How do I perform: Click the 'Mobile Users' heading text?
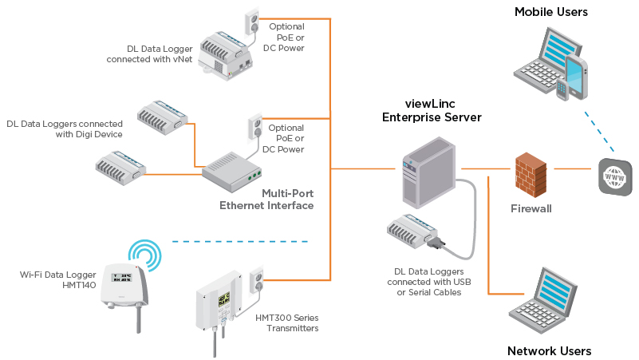(x=550, y=12)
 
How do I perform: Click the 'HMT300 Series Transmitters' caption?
(x=286, y=323)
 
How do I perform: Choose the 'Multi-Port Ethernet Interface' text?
(x=266, y=200)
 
